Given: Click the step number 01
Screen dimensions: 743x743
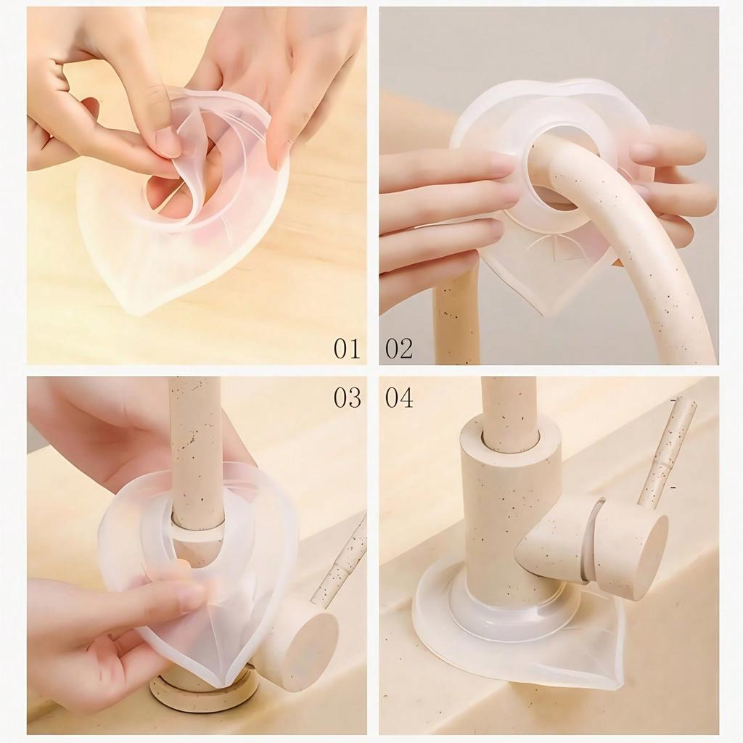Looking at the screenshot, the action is click(x=347, y=348).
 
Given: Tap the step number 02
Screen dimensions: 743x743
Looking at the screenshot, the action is click(x=399, y=348).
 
